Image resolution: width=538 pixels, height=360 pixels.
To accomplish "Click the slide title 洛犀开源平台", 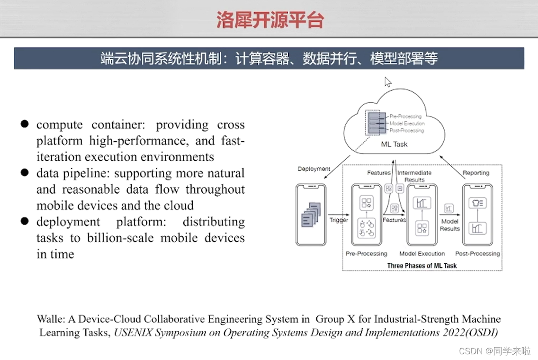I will [270, 20].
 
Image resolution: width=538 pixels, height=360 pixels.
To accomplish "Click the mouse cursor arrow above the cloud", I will [387, 82].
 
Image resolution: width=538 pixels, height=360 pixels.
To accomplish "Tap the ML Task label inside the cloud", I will [394, 144].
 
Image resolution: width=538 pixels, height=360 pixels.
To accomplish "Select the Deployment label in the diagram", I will [314, 169].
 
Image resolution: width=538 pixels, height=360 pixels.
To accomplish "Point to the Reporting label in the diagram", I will [475, 173].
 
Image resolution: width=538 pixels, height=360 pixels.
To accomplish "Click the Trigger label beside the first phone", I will [339, 220].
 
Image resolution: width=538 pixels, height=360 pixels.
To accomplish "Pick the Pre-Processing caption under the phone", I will [366, 253].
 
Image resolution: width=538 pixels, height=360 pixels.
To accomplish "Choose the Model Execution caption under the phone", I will [422, 253].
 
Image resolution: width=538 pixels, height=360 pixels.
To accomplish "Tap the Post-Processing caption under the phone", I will [477, 253].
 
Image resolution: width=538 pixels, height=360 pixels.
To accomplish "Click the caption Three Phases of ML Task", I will [422, 266].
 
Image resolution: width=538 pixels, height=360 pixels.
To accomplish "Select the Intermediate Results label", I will [414, 176].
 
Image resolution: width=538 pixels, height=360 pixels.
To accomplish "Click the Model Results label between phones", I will [449, 225].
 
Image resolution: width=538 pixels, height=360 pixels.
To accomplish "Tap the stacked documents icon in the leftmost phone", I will [311, 214].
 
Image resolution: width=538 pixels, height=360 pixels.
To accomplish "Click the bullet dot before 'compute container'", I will [25, 124].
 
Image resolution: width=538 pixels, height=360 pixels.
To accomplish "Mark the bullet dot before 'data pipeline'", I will [25, 173].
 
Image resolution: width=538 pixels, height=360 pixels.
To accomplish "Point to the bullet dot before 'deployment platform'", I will [25, 221].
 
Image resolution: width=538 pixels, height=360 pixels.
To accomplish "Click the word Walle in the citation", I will [50, 319].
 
